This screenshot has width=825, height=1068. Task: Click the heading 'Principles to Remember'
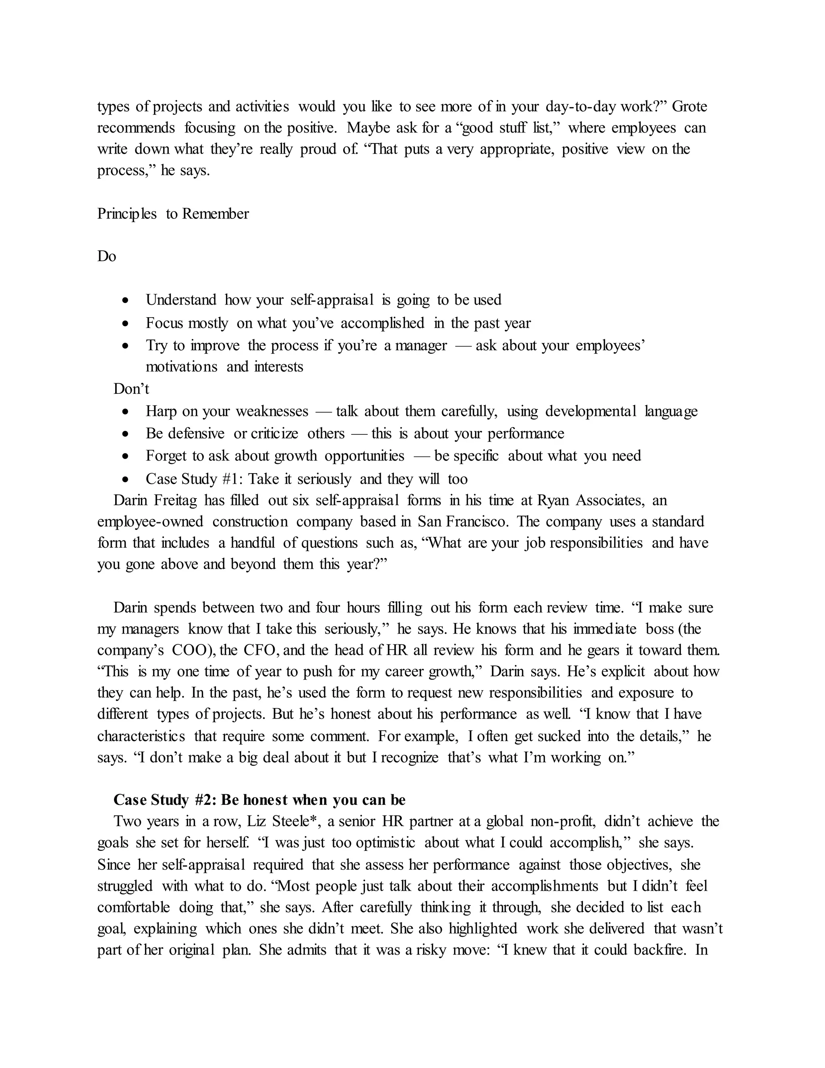click(173, 214)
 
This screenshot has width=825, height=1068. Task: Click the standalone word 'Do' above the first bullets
click(106, 256)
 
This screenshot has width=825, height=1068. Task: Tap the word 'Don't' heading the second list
click(131, 389)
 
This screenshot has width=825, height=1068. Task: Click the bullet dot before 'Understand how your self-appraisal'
click(126, 300)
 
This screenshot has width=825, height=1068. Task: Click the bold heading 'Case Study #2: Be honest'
click(259, 800)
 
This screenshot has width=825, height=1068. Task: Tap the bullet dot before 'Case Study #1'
click(126, 479)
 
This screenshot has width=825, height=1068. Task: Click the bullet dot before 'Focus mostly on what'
click(126, 323)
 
